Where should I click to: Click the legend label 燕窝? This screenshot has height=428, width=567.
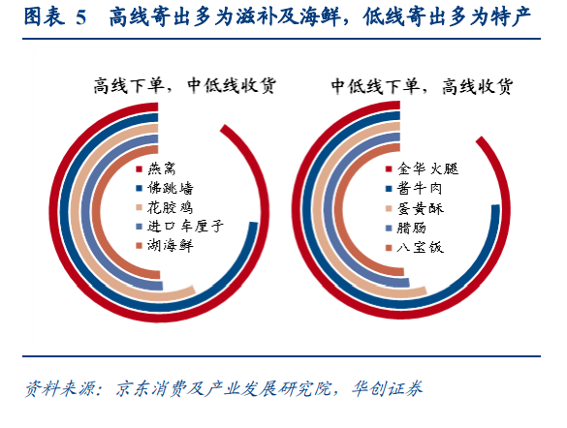(161, 168)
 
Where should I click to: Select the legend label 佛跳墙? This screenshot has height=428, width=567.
(170, 188)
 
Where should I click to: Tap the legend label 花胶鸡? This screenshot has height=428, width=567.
(170, 207)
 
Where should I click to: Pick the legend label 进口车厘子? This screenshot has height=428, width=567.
(185, 227)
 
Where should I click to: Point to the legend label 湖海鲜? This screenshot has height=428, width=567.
(170, 246)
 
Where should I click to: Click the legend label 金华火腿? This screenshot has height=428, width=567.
(427, 168)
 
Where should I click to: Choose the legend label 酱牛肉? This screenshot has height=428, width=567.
(420, 188)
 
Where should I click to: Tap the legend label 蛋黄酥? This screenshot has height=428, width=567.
(421, 208)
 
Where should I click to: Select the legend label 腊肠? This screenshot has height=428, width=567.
(412, 228)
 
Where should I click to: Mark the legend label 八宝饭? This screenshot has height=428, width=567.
(420, 248)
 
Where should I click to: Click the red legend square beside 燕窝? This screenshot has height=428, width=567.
(140, 169)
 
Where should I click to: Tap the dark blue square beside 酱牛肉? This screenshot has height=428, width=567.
(389, 189)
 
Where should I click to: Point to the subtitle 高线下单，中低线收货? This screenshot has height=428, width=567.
(185, 86)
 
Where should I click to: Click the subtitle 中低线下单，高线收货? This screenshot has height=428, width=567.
(422, 86)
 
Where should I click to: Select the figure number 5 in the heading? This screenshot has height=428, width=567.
(81, 18)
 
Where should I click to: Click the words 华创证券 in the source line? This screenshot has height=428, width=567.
(387, 388)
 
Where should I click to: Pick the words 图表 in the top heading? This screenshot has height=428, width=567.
(45, 17)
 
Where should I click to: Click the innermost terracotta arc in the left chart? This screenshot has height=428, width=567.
(98, 213)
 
